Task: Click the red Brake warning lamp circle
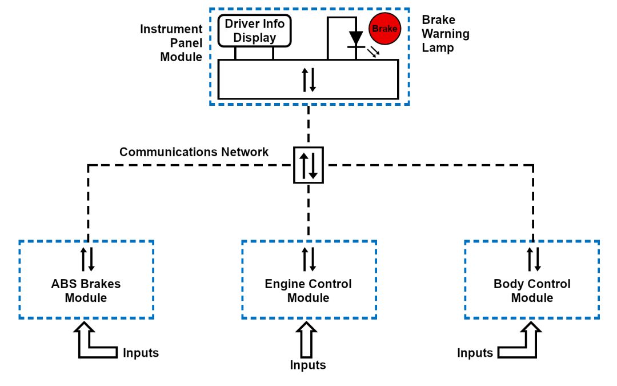coord(384,29)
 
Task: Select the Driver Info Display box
coord(255,31)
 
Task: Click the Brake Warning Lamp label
coord(446,34)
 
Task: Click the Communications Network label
coord(194,152)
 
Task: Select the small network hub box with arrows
coord(308,165)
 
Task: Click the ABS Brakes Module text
coord(86,291)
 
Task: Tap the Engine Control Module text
coord(308,291)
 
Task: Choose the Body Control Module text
coord(532,291)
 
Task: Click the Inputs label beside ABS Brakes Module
coord(141,353)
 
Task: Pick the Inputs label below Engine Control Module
coord(308,365)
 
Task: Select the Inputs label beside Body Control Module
coord(475,353)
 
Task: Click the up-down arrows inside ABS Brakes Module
coord(87,259)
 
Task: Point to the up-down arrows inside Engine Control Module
coord(308,259)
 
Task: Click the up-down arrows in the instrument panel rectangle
coord(308,79)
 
